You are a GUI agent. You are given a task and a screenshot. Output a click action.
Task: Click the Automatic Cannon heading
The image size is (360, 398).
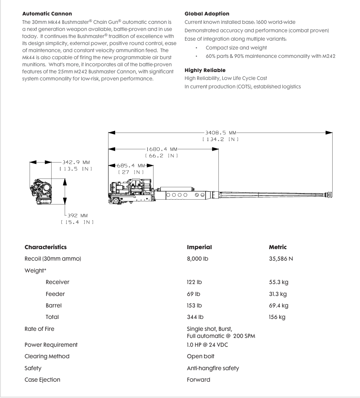(x=47, y=14)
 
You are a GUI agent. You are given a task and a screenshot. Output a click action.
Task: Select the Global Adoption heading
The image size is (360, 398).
(x=207, y=14)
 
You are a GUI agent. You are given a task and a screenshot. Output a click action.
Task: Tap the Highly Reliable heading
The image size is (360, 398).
(x=205, y=70)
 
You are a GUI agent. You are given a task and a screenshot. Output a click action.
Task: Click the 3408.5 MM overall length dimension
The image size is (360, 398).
(x=221, y=133)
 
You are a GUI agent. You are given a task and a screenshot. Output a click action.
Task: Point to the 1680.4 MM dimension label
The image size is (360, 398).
(x=161, y=149)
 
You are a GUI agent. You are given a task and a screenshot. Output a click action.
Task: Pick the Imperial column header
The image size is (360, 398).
(x=199, y=247)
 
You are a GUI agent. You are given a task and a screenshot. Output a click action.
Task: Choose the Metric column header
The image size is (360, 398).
(x=277, y=247)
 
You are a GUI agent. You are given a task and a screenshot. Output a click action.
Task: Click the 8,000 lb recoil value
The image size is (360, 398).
(x=197, y=259)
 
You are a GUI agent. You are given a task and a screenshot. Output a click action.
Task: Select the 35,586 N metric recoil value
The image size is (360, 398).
(x=281, y=259)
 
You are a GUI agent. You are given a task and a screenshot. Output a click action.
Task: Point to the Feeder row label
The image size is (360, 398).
(x=55, y=294)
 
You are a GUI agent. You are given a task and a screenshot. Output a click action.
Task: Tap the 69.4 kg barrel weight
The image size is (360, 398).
(x=278, y=306)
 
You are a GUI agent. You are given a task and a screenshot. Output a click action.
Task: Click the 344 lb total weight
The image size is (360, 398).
(x=195, y=317)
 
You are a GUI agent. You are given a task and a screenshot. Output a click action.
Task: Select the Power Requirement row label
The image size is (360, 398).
(x=51, y=345)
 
